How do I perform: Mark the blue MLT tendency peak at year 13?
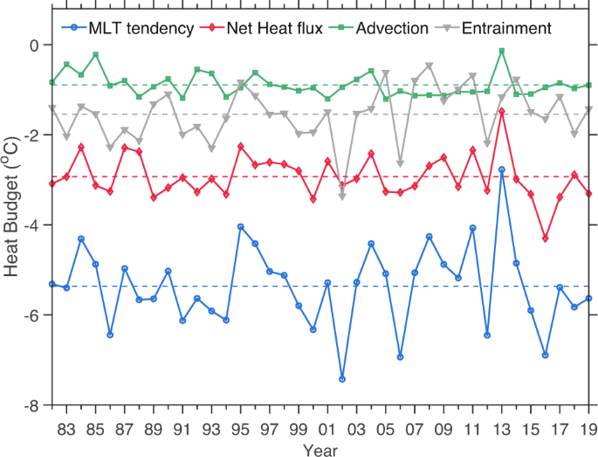(502, 170)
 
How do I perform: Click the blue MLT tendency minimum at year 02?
(342, 379)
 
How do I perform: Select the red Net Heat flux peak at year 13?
(502, 111)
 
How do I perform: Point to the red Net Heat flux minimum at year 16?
(546, 239)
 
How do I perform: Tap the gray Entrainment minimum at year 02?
(342, 197)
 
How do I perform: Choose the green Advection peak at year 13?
(502, 51)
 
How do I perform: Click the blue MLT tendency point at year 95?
(240, 226)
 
